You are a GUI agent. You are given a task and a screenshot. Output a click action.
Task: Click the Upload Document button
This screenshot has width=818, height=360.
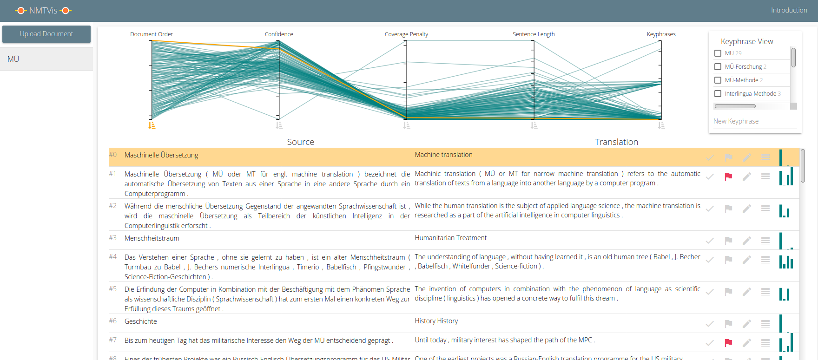46,34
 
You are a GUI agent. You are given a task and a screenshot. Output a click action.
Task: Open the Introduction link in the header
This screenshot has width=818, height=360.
789,10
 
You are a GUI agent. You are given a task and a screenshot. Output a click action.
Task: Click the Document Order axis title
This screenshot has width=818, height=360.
152,34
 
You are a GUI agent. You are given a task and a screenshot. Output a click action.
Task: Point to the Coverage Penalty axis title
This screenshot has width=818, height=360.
406,34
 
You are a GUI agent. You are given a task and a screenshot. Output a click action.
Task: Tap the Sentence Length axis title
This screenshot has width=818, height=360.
534,34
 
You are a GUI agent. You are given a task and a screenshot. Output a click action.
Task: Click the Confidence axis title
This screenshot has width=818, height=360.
279,34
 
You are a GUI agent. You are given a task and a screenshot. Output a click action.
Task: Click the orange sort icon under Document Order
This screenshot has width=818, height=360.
152,125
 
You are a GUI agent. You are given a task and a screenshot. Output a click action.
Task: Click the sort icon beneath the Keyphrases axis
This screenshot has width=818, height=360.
661,125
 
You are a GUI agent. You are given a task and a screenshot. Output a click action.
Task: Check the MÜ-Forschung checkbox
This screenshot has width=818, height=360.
718,67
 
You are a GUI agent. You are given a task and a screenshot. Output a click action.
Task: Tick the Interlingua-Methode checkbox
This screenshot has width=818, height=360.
718,94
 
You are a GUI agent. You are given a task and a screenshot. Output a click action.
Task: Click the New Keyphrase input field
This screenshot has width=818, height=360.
755,121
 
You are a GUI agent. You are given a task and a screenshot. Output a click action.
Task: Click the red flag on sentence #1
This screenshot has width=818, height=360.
728,177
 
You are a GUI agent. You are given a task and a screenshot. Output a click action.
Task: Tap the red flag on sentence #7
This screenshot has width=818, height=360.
728,343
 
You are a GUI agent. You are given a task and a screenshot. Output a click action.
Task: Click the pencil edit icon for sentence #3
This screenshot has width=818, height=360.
747,241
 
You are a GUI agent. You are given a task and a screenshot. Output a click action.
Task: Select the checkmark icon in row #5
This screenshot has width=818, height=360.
710,292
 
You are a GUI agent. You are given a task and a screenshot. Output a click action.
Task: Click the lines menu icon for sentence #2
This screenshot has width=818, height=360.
765,209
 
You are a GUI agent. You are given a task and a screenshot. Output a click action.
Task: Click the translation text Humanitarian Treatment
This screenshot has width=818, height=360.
450,238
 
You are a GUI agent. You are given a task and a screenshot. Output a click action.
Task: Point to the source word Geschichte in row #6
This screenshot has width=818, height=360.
141,321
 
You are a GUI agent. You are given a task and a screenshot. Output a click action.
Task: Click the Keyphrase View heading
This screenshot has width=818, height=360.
747,41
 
